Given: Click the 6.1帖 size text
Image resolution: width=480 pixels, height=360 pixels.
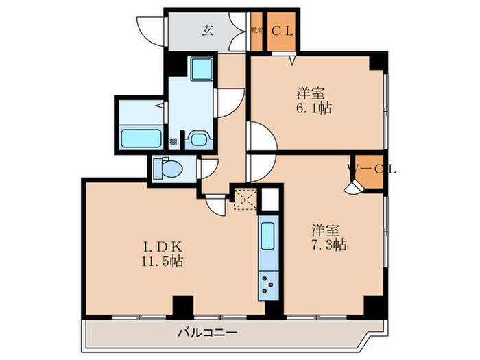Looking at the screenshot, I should tap(310, 108).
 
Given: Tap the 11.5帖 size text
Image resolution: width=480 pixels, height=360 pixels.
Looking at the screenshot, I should tap(163, 261).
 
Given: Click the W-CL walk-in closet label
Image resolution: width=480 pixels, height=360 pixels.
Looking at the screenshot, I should tap(372, 167).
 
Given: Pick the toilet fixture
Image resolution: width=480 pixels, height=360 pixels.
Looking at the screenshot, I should tap(165, 168).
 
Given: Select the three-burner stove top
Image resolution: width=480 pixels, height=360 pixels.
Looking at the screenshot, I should tap(267, 285).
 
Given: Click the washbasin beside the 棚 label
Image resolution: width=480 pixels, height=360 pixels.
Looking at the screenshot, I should tap(200, 139).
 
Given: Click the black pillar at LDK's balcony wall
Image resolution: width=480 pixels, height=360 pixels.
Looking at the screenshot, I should tap(182, 307).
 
